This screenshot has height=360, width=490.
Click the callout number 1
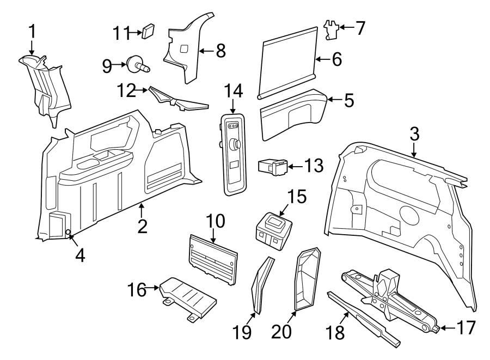[x=32, y=32]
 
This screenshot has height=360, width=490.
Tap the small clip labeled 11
[x=147, y=32]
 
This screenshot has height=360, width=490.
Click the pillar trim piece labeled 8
[x=185, y=52]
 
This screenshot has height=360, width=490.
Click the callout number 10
[x=215, y=221]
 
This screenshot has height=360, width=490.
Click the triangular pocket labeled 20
[x=306, y=278]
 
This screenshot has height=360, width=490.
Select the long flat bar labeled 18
[x=364, y=318]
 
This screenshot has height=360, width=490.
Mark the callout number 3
[x=414, y=134]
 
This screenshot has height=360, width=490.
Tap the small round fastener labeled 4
[x=68, y=233]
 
